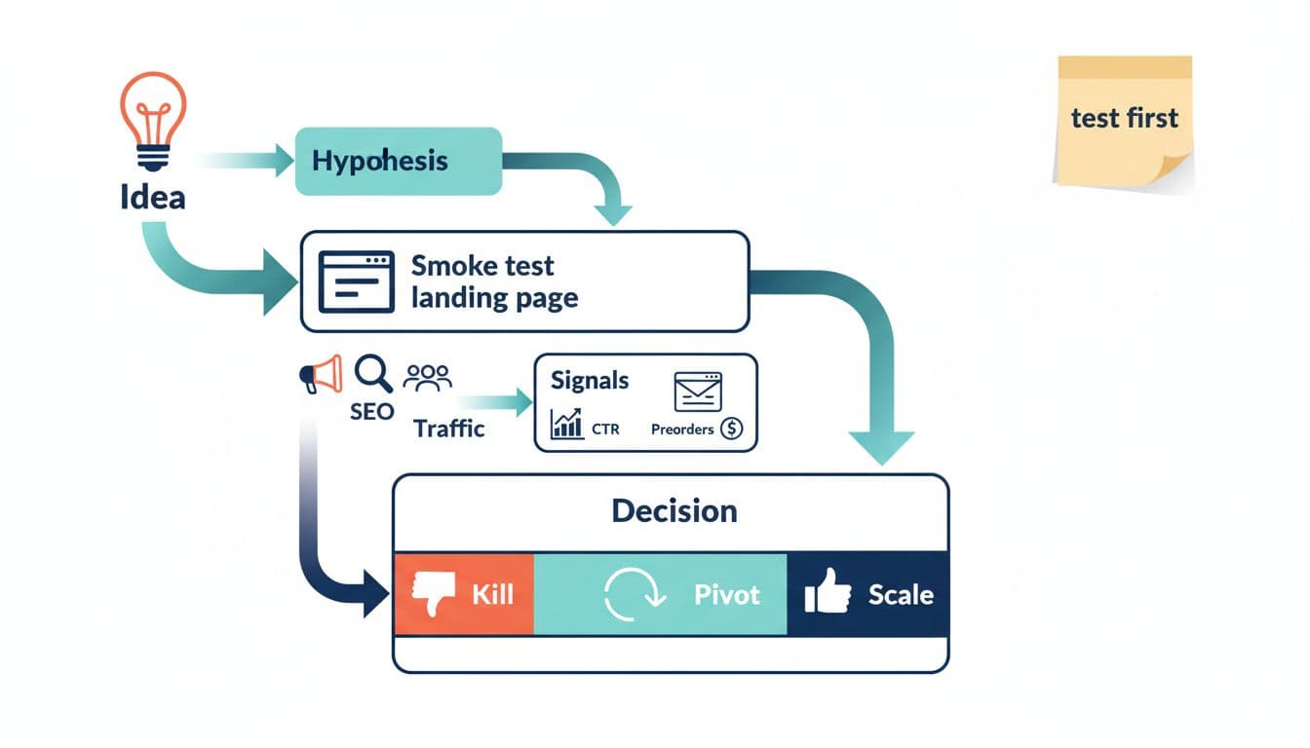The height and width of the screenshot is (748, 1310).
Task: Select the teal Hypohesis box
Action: (x=398, y=161)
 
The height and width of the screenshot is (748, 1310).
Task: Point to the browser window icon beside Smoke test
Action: (x=357, y=281)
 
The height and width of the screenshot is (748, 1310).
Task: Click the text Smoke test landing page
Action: (x=494, y=281)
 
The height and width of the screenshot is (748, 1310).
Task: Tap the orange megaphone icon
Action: (x=323, y=374)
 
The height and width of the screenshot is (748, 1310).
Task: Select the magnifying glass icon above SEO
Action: (x=372, y=373)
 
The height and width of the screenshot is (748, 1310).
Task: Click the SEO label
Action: (x=371, y=411)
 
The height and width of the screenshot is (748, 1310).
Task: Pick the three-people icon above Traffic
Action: (x=427, y=378)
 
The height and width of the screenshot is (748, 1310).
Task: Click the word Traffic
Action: (x=448, y=429)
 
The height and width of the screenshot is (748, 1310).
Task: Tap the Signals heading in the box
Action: (x=590, y=380)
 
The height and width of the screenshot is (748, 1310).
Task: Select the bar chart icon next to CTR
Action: (x=566, y=424)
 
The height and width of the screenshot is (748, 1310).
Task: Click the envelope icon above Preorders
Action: (x=698, y=391)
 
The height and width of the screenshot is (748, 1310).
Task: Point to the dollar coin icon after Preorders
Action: (x=731, y=429)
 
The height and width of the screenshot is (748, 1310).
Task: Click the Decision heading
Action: (x=674, y=510)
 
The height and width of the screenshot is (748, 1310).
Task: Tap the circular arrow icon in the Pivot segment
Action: (x=634, y=594)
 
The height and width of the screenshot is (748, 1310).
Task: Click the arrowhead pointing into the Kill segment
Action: (x=375, y=594)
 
